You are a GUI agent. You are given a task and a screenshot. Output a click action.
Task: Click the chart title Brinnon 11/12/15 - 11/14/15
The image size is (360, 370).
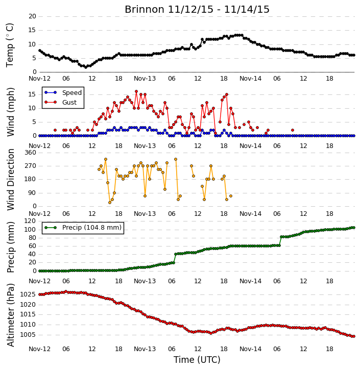coord(197,10)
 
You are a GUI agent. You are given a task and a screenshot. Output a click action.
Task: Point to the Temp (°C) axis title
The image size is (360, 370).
coord(10,45)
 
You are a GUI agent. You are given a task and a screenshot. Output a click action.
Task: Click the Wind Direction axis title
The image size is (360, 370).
coord(10,180)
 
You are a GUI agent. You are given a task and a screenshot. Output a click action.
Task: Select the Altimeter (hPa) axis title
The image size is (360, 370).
coord(10,315)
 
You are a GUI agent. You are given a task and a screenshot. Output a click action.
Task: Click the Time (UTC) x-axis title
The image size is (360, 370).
coord(197,360)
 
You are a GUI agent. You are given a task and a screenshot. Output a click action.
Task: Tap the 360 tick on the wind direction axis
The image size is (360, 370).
coord(31,153)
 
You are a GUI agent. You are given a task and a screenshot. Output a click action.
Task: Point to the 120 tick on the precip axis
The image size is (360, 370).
coord(31,221)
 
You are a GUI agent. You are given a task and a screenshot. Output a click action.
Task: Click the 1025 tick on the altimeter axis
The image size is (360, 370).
coord(28,294)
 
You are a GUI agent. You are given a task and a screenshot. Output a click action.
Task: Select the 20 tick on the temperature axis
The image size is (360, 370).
coord(32,16)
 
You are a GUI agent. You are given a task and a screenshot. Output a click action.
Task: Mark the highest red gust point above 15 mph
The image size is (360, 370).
coord(136,91)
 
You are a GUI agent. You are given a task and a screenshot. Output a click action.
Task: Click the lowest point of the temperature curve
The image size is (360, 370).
coord(86,67)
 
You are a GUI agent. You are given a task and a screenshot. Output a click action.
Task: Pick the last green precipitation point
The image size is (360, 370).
coord(354,228)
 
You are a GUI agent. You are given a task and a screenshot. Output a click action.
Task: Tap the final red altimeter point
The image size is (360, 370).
coord(354,336)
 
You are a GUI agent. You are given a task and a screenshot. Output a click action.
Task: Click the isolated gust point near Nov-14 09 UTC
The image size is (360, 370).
coord(293,130)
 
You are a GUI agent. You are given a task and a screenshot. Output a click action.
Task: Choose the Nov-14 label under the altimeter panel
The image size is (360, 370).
coord(250,349)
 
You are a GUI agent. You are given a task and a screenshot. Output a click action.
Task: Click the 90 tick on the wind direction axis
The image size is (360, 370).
coord(32,193)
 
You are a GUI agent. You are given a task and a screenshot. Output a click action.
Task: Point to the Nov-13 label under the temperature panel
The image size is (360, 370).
coord(145,79)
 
